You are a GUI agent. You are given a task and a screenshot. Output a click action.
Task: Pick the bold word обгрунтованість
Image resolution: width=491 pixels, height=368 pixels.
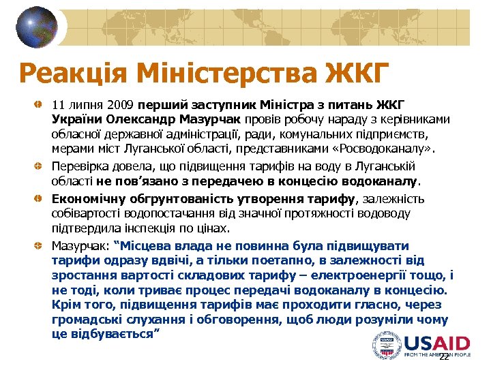point(163,199)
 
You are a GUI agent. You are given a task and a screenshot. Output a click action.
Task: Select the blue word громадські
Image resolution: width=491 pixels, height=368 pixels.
point(85,320)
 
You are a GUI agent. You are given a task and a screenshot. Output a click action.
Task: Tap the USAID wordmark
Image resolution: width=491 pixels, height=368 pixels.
point(436,342)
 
